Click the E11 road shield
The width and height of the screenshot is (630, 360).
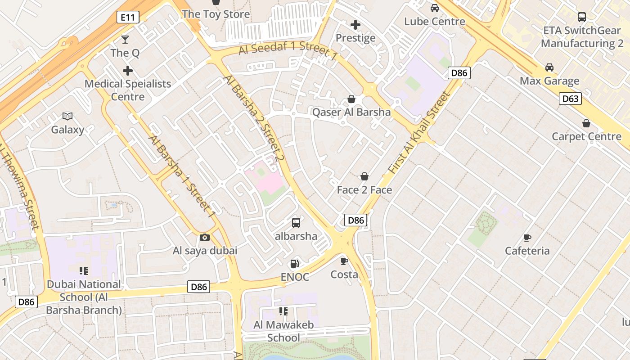pyautogui.click(x=128, y=18)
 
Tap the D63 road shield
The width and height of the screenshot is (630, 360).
pyautogui.click(x=570, y=99)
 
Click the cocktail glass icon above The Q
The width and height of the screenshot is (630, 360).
pyautogui.click(x=125, y=40)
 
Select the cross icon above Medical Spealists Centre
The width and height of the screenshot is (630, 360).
pyautogui.click(x=128, y=71)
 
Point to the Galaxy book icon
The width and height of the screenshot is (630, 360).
pyautogui.click(x=67, y=117)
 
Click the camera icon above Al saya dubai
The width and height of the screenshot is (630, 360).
pyautogui.click(x=205, y=237)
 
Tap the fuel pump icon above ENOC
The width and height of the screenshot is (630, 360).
pyautogui.click(x=295, y=264)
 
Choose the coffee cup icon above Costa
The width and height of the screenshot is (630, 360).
pyautogui.click(x=344, y=261)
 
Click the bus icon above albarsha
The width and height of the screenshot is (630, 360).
pyautogui.click(x=296, y=222)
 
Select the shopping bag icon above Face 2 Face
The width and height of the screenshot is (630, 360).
pyautogui.click(x=364, y=176)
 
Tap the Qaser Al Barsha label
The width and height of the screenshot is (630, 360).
pyautogui.click(x=351, y=112)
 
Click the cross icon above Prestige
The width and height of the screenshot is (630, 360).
pyautogui.click(x=355, y=25)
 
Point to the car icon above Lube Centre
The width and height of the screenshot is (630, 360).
pyautogui.click(x=435, y=8)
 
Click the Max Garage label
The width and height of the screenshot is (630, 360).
pyautogui.click(x=549, y=81)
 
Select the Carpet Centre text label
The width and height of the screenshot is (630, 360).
pyautogui.click(x=586, y=136)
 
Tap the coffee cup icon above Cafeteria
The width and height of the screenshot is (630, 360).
pyautogui.click(x=527, y=238)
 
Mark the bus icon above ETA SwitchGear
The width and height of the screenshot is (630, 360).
pyautogui.click(x=582, y=17)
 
